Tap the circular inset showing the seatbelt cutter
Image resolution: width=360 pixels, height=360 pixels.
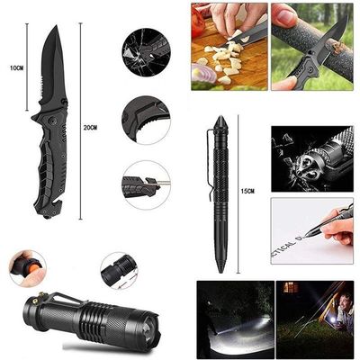(147, 184)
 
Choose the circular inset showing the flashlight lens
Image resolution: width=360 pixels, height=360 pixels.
(119, 268)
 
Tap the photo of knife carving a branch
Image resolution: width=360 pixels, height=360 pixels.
(311, 46)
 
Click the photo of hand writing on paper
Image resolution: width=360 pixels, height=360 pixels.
(311, 229)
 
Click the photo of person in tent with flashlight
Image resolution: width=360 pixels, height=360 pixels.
(314, 319)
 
